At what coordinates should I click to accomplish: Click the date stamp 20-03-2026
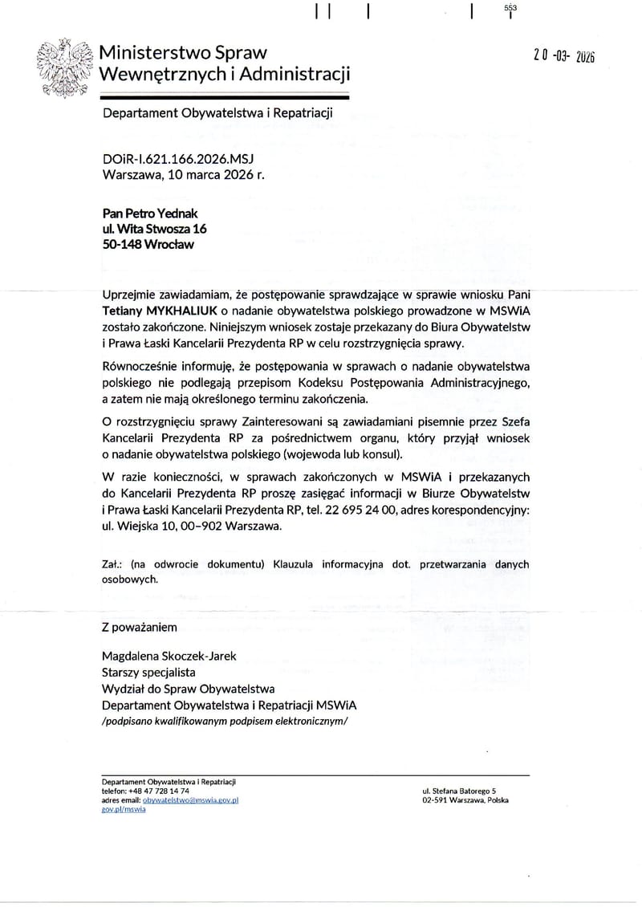click(565, 55)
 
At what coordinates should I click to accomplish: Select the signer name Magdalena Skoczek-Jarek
click(170, 656)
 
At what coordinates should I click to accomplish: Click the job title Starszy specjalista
click(148, 672)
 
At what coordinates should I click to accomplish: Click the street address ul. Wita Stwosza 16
click(155, 229)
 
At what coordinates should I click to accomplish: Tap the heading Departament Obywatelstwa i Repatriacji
click(217, 114)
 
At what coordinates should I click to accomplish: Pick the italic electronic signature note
click(226, 721)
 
